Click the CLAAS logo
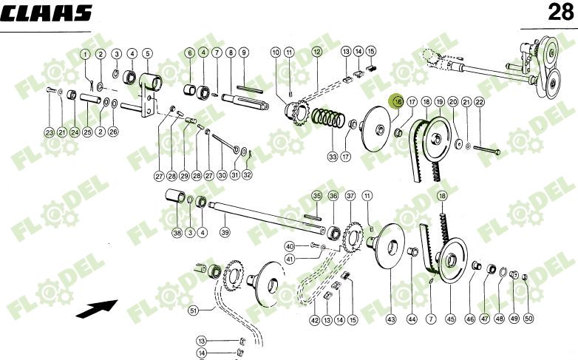point(47,13)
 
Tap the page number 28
point(558,13)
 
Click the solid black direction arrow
point(96,308)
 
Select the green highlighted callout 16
point(396,102)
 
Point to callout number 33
point(333,157)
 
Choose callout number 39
point(225,232)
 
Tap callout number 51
point(193,310)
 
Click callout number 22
point(479,101)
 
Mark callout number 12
point(316,52)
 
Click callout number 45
point(450,319)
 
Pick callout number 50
point(528,319)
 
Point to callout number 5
point(147,53)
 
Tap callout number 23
point(49,132)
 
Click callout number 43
point(391,319)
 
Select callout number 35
point(316,196)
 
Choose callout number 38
point(177,232)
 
